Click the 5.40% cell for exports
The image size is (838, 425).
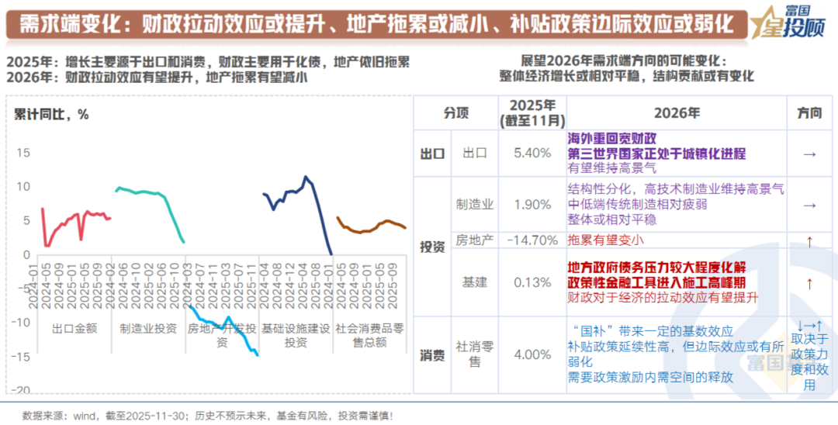(x=532, y=154)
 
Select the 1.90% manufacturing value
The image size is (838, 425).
(x=532, y=204)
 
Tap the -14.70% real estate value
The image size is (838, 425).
(x=532, y=241)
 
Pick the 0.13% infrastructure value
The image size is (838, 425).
(x=532, y=282)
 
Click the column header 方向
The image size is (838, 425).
(x=809, y=112)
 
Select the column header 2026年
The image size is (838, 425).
(x=676, y=112)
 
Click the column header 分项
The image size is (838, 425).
(x=456, y=112)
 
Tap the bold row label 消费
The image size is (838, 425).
(x=432, y=356)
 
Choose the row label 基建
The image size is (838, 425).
(x=474, y=282)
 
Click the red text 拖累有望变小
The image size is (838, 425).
(x=606, y=241)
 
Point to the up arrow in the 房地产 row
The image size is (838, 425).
(x=809, y=241)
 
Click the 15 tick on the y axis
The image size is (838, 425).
(x=23, y=153)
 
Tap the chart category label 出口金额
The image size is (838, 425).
(x=74, y=328)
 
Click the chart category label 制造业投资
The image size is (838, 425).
(x=147, y=328)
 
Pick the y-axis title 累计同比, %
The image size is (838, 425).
(x=51, y=114)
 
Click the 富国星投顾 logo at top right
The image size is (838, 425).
(x=792, y=21)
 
